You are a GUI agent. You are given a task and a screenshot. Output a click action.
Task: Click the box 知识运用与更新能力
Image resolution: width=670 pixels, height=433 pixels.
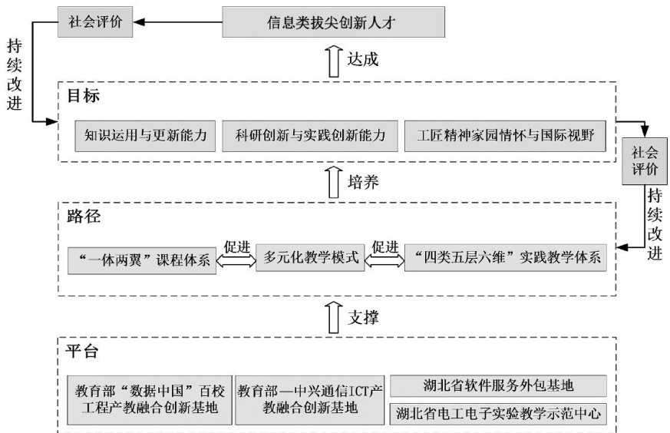click(x=146, y=137)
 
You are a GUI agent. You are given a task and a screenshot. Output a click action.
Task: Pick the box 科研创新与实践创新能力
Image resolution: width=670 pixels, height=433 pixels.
click(x=309, y=137)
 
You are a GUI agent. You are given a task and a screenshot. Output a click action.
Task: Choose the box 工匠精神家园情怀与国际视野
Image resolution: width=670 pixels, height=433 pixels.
click(x=506, y=137)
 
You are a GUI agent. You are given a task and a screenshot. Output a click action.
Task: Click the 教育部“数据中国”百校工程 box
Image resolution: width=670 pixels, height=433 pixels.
click(x=149, y=399)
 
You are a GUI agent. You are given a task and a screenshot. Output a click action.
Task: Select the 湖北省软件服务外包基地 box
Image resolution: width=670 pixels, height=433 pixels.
click(x=499, y=385)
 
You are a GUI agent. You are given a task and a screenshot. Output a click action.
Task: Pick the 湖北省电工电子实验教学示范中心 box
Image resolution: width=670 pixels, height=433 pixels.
click(x=499, y=415)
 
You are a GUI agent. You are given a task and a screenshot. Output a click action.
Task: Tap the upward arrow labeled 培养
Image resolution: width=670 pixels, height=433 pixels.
click(x=333, y=183)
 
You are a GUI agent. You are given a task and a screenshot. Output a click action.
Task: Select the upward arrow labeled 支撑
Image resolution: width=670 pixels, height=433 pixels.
click(x=333, y=315)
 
